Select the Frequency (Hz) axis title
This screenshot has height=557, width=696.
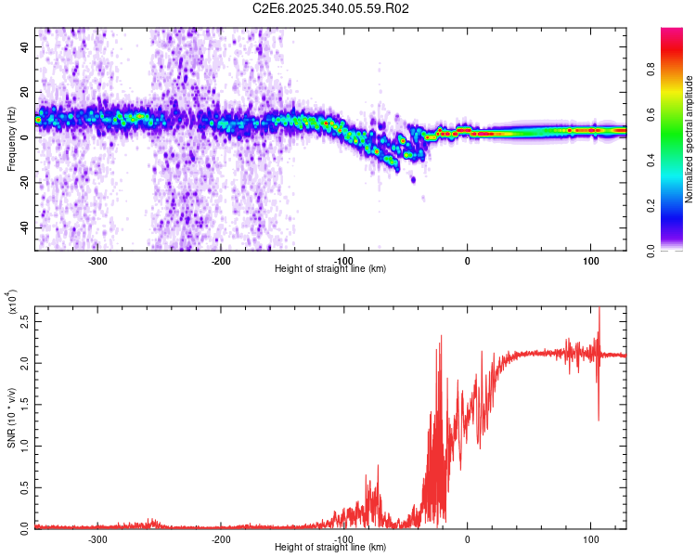[x=11, y=138]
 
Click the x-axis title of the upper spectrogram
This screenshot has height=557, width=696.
[x=330, y=268]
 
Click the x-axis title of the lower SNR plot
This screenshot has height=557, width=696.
[x=330, y=547]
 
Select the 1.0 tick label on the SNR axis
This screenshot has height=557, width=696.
[x=25, y=445]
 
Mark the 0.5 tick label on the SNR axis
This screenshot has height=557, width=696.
[x=25, y=486]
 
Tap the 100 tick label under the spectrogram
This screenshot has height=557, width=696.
[x=590, y=260]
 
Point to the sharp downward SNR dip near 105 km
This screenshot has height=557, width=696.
[x=598, y=419]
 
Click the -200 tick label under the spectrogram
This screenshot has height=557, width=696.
[x=221, y=260]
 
